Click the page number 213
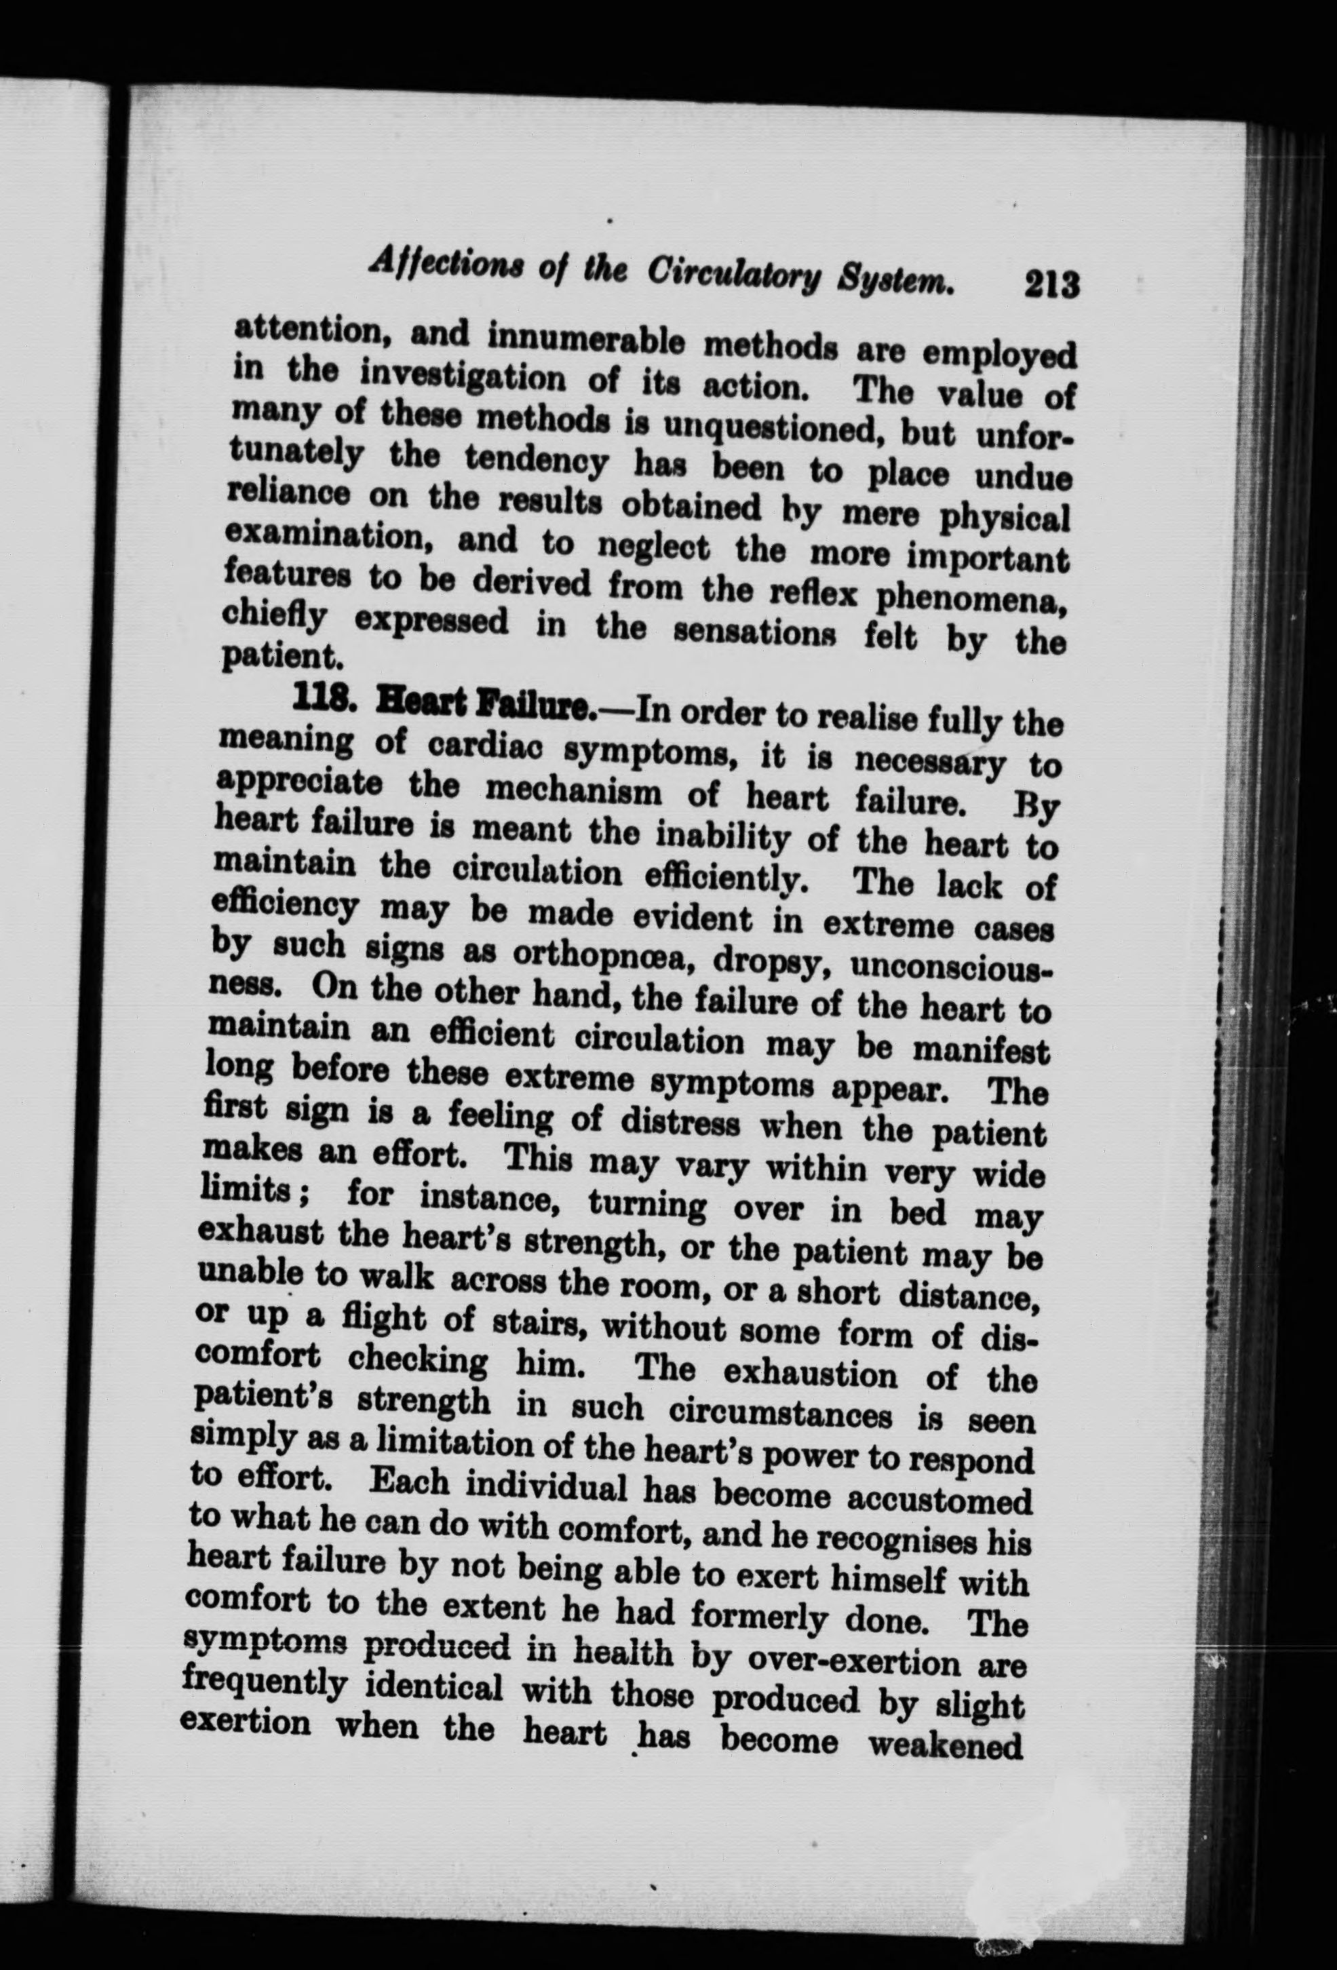1051,284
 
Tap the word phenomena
970,598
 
